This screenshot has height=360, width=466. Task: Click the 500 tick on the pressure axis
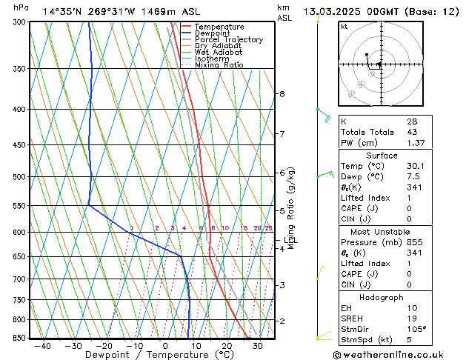point(19,177)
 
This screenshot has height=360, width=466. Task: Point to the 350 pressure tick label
point(19,69)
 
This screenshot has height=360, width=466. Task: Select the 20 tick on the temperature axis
point(226,345)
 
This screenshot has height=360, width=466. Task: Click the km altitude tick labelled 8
point(282,94)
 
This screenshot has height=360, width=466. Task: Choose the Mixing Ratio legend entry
point(219,65)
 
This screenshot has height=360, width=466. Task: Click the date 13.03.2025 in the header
point(328,12)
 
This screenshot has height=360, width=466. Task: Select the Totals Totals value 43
point(412,132)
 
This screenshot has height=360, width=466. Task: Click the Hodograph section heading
point(382,296)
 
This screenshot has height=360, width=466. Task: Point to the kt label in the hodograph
point(344,26)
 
